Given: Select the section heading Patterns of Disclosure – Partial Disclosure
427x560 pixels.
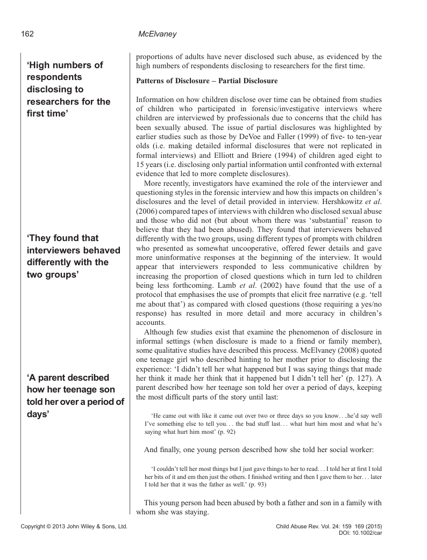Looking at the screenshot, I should tap(207, 82).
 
